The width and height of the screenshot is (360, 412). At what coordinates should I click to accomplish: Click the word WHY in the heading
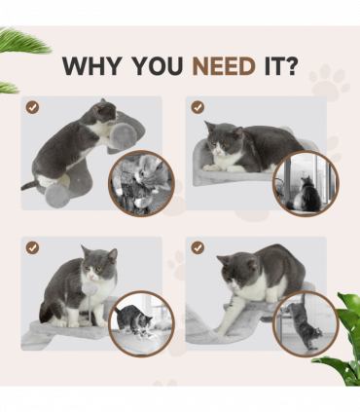[x=89, y=66]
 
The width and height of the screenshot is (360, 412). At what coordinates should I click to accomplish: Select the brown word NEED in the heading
[x=225, y=66]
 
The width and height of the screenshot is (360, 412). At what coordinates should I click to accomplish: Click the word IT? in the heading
[x=282, y=66]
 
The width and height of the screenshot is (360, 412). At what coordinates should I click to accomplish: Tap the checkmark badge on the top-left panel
[x=32, y=107]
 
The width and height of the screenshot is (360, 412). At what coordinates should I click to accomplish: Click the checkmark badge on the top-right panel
[x=198, y=107]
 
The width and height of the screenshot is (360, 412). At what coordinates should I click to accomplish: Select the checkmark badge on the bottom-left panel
[x=32, y=248]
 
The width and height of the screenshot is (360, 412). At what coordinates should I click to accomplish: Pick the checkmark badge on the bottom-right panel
[x=198, y=248]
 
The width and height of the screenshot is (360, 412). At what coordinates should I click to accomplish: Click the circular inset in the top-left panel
[x=140, y=182]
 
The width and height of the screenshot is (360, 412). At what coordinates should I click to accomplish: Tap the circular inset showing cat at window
[x=305, y=182]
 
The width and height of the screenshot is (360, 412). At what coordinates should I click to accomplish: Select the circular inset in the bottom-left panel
[x=140, y=322]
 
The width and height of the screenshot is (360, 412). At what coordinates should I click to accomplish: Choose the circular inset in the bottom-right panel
[x=305, y=322]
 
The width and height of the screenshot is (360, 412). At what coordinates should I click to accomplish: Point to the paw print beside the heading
[x=329, y=83]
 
